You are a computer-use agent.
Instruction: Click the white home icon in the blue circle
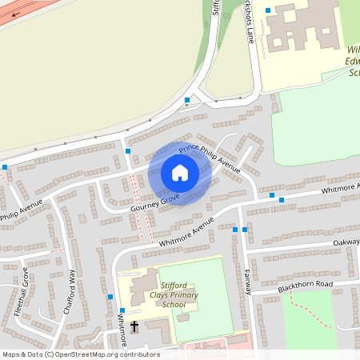180,173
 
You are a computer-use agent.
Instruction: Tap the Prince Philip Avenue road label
209,158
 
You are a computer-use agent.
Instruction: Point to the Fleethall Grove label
21,294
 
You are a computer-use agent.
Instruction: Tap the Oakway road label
346,242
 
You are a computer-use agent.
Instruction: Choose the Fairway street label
248,282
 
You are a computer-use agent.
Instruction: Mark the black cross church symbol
134,326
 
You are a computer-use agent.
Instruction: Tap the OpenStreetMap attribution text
80,354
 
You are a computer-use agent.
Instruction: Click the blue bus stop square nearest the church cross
122,310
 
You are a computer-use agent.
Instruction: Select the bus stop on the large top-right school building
268,10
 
